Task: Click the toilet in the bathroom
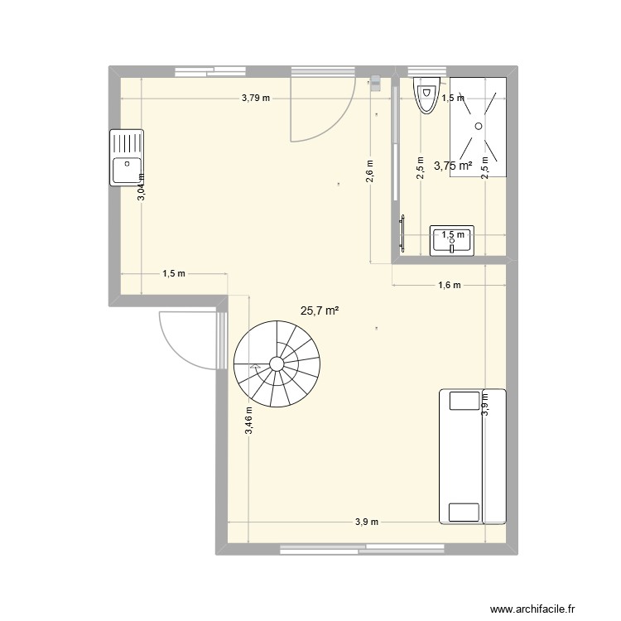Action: (426, 97)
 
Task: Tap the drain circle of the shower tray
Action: (478, 125)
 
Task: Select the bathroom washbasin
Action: (451, 239)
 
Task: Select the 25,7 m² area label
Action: (320, 310)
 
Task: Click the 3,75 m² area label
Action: (453, 166)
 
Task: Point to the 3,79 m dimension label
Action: (256, 98)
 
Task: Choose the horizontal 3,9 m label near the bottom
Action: (366, 522)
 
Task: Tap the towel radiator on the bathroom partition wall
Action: (403, 233)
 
